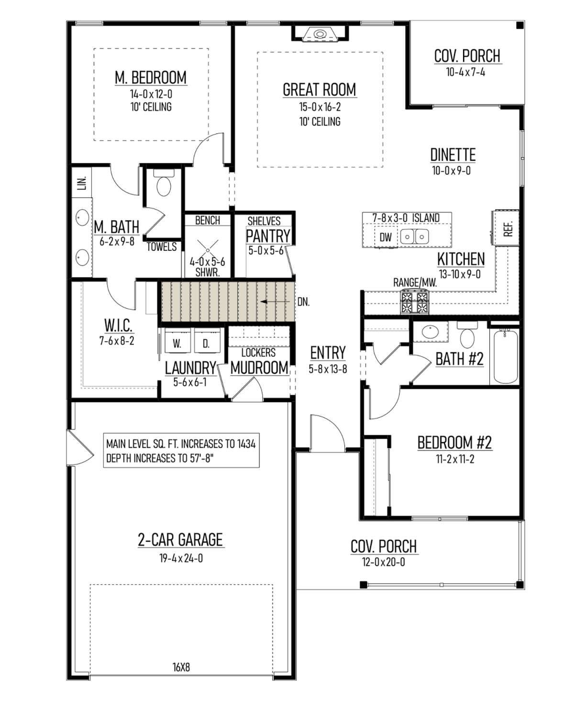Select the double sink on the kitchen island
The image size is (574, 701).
point(414,237)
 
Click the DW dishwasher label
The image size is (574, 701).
point(386,237)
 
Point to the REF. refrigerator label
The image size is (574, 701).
point(508,229)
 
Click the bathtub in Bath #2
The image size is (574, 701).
point(505,356)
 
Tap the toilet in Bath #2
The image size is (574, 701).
point(467,334)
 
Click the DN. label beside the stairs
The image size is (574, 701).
point(303,302)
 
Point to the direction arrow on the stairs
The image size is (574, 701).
point(275,302)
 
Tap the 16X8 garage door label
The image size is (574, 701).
point(181,667)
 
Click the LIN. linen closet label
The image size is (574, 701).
point(82,183)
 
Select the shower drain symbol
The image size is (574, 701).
point(208,250)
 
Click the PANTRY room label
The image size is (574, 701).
point(268,236)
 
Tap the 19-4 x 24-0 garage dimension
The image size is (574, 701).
point(181,558)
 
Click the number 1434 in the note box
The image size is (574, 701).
point(246,444)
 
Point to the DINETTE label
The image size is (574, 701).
point(453,155)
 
